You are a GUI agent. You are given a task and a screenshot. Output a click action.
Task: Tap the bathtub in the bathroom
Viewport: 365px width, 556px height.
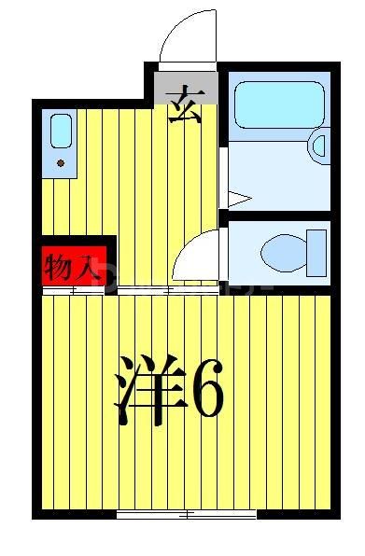click(277, 105)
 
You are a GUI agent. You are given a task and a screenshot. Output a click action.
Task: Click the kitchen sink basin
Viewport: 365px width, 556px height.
click(62, 131)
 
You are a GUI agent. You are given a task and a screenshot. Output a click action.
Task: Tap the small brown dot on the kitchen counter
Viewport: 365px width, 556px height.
click(62, 163)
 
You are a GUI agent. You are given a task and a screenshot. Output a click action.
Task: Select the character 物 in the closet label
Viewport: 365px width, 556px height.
click(61, 268)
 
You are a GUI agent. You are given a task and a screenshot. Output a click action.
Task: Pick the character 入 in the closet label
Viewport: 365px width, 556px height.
click(88, 268)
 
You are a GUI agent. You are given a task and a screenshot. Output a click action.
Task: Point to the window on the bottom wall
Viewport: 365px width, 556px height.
click(187, 514)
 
